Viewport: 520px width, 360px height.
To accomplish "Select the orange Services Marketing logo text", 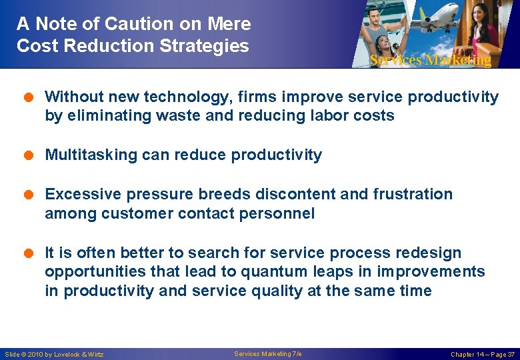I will [430, 60].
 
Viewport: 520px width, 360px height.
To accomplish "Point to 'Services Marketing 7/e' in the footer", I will [267, 353].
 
